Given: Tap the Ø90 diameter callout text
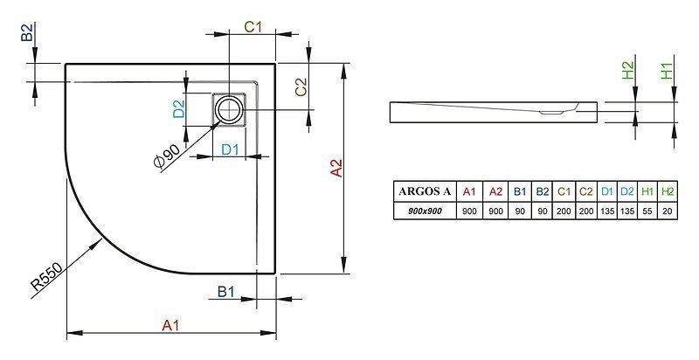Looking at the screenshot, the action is (x=167, y=156).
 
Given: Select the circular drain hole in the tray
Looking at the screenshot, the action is (x=229, y=109).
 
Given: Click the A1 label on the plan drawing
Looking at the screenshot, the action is (x=170, y=326).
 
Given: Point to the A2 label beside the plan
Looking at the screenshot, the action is (x=336, y=168).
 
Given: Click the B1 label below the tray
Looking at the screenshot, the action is (x=225, y=292).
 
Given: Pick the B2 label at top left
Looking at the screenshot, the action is (x=27, y=32).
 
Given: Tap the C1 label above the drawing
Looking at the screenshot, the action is (x=253, y=27).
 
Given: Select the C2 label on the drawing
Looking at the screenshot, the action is (x=301, y=87).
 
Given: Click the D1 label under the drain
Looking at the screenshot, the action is (x=231, y=149).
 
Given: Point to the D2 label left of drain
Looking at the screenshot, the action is (x=178, y=109).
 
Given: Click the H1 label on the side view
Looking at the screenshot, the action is (x=666, y=71).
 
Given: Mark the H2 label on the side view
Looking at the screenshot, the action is (x=627, y=71).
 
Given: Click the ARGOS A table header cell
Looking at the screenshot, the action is (x=425, y=191).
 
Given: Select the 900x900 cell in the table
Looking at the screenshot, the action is (x=425, y=211).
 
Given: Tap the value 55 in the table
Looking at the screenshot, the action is (x=647, y=211).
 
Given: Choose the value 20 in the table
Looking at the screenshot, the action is (x=668, y=211).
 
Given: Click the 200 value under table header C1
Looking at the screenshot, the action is (x=564, y=211).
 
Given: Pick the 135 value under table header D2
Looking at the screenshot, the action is (x=627, y=211).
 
